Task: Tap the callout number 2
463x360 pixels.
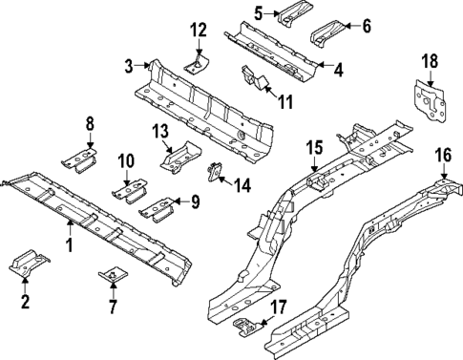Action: click(x=26, y=303)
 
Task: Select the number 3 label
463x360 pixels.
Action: click(x=129, y=65)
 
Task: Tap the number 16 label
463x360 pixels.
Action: click(x=444, y=154)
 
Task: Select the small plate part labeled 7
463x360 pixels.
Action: click(x=113, y=277)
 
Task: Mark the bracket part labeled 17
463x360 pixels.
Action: click(x=247, y=328)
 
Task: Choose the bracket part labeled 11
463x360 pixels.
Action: click(x=255, y=77)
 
